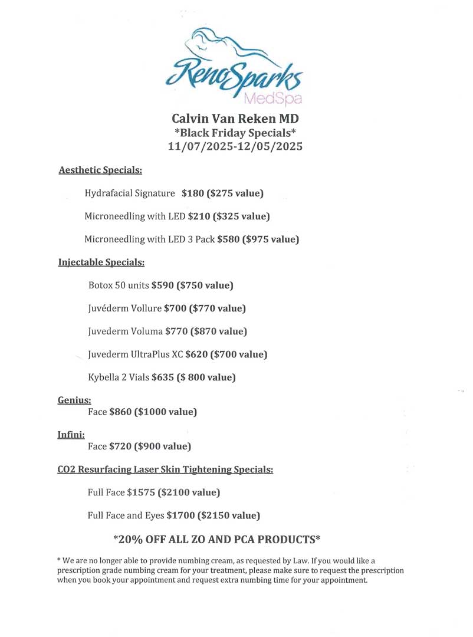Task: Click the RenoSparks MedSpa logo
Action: coord(235,65)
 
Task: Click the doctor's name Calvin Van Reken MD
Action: coord(235,119)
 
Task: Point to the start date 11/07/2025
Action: coord(201,146)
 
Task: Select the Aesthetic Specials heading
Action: coord(100,170)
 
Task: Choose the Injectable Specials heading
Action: coord(101,262)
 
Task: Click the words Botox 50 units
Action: coord(119,285)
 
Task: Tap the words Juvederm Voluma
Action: coord(125,331)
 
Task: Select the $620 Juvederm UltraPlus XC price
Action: coord(197,354)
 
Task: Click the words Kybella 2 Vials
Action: coord(119,377)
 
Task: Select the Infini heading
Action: coord(71,435)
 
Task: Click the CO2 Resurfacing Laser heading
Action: coord(165,470)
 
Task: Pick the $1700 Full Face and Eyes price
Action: coord(180,515)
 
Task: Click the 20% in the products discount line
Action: coord(133,540)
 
